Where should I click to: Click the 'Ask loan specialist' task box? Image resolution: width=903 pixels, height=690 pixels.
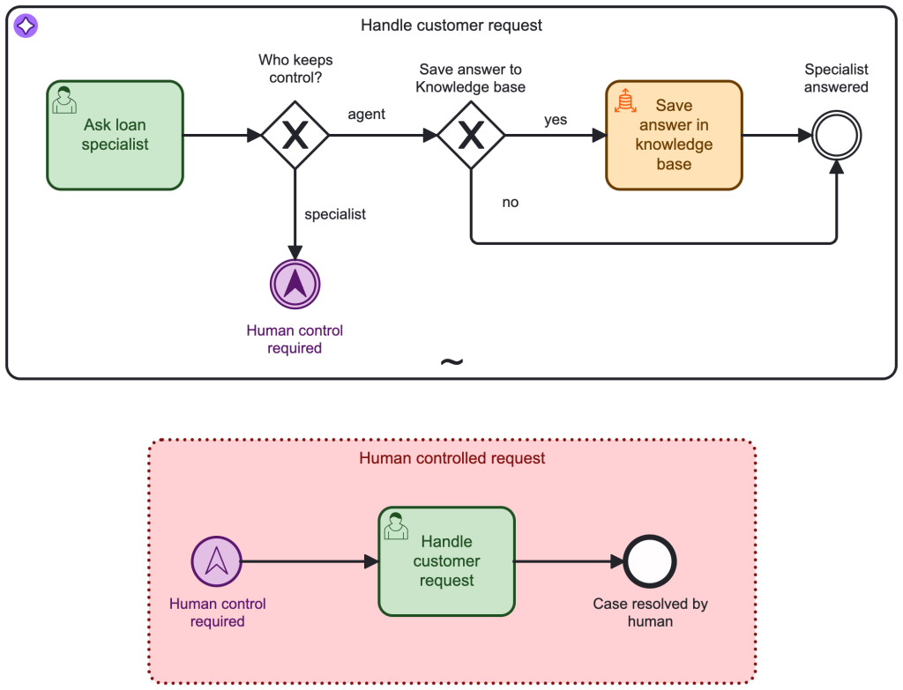pyautogui.click(x=115, y=136)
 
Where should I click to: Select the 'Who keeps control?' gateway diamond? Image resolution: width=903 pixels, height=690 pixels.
pyautogui.click(x=295, y=135)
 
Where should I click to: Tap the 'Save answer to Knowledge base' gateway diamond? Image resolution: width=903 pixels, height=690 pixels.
pyautogui.click(x=472, y=135)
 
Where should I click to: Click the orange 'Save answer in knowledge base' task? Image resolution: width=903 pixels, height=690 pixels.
pyautogui.click(x=674, y=136)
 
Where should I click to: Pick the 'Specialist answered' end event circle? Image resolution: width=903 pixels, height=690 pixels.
pyautogui.click(x=836, y=135)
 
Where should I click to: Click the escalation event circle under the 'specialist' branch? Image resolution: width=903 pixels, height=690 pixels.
pyautogui.click(x=295, y=284)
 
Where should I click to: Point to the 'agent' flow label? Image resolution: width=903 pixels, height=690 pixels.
pyautogui.click(x=366, y=115)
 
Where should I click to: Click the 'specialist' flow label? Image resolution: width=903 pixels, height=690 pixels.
pyautogui.click(x=335, y=214)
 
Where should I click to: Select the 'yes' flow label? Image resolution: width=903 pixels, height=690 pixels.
pyautogui.click(x=556, y=120)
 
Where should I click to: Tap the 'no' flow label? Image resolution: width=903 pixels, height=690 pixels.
pyautogui.click(x=511, y=203)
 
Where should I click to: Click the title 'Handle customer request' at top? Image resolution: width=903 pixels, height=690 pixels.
pyautogui.click(x=451, y=26)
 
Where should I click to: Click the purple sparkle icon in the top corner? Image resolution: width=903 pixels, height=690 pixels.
pyautogui.click(x=26, y=26)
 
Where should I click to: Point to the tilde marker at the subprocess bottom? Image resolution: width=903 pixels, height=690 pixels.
pyautogui.click(x=451, y=362)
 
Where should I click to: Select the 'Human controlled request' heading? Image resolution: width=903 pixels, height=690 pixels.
pyautogui.click(x=452, y=458)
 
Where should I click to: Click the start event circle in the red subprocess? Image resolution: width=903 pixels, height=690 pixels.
pyautogui.click(x=216, y=561)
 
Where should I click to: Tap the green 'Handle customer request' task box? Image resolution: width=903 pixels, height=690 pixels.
pyautogui.click(x=446, y=561)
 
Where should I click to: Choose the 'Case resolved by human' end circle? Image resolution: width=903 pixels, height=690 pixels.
pyautogui.click(x=650, y=561)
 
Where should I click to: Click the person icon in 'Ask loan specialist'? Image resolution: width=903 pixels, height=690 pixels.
pyautogui.click(x=64, y=100)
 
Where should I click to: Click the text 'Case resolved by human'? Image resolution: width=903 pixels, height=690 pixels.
pyautogui.click(x=650, y=612)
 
